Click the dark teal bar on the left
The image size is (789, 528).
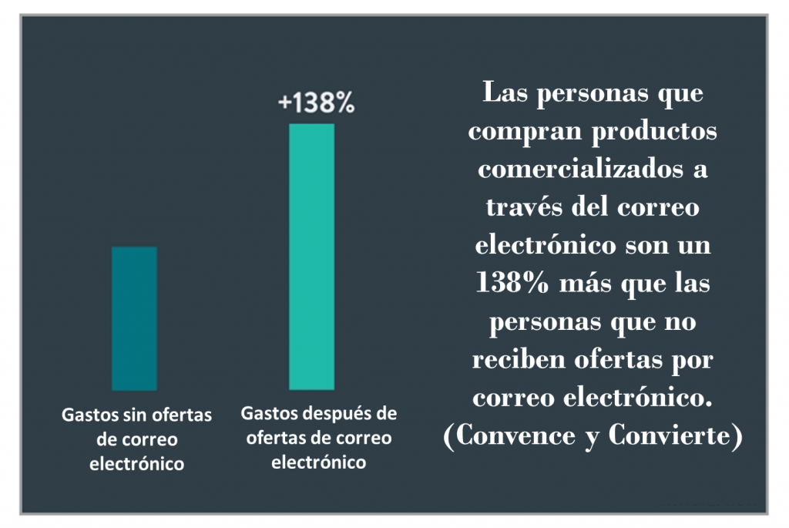(134, 318)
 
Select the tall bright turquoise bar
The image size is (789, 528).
(311, 257)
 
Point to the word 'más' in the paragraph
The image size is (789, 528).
(584, 284)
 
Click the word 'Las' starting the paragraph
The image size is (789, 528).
(504, 94)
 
